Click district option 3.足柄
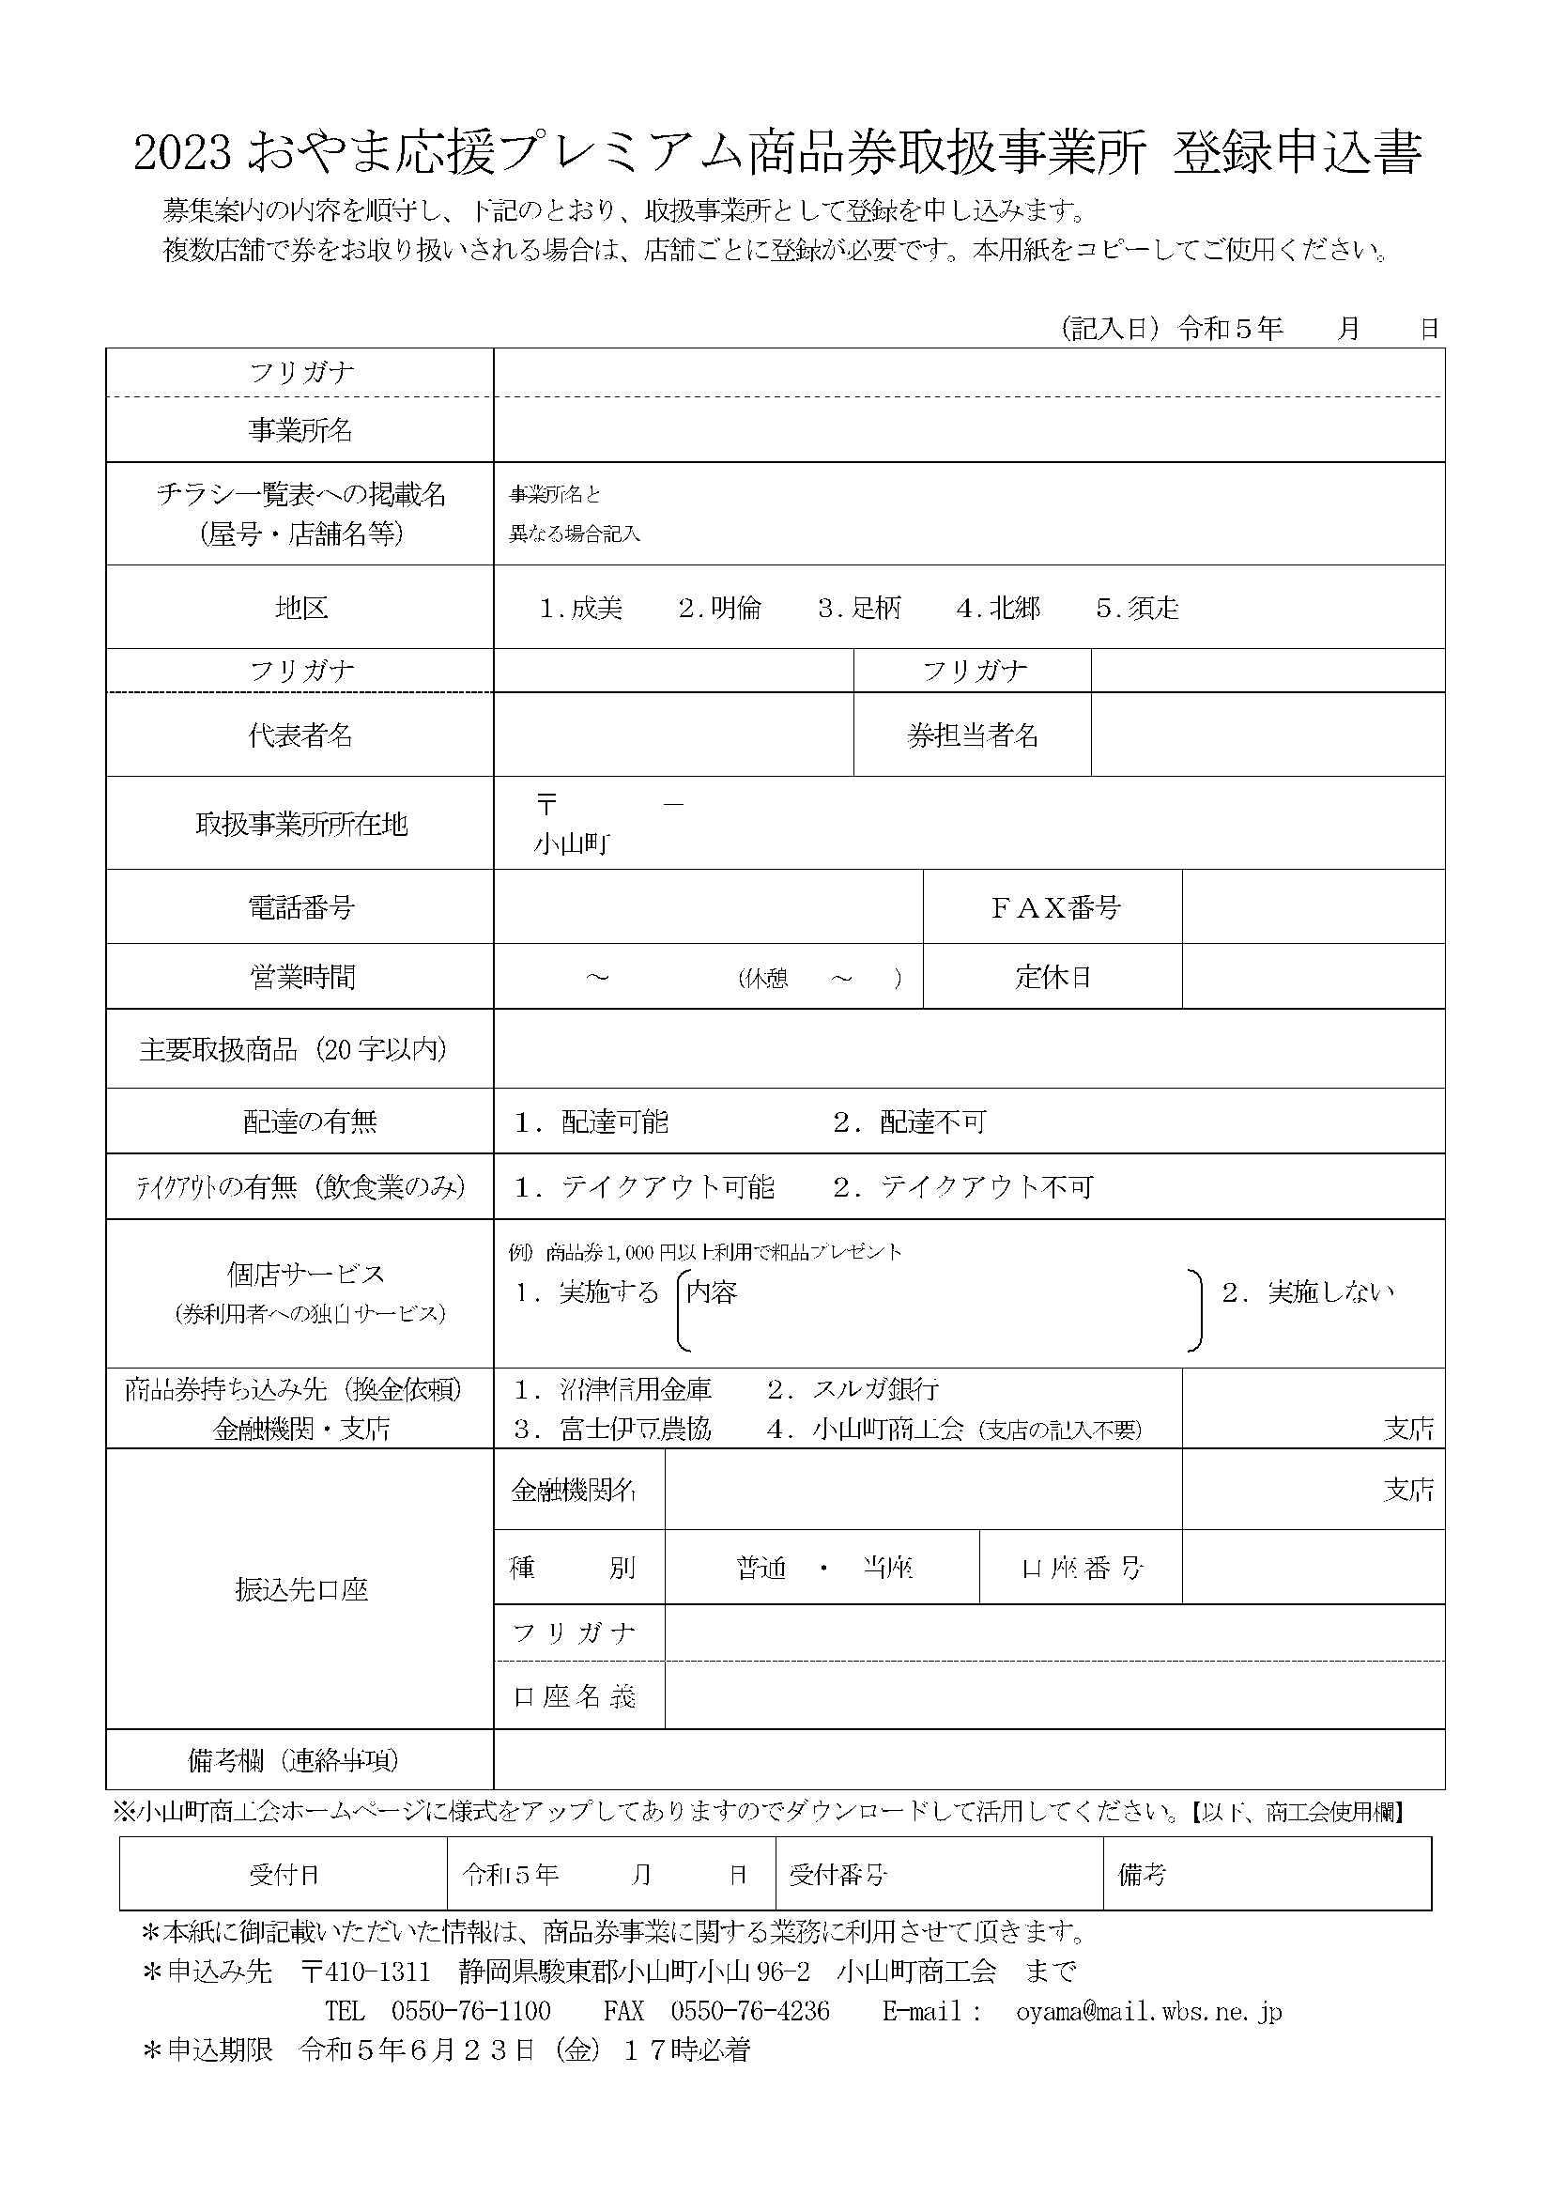859,609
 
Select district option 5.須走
1137,609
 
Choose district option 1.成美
580,609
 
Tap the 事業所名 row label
300,430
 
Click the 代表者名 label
300,735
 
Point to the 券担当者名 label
972,735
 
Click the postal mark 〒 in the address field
546,805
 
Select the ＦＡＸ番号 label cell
1053,906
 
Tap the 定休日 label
1053,977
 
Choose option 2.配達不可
909,1121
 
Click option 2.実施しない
1307,1292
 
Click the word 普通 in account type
761,1569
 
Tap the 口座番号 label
1082,1569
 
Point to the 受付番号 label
837,1875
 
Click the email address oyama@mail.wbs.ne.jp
1148,2010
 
